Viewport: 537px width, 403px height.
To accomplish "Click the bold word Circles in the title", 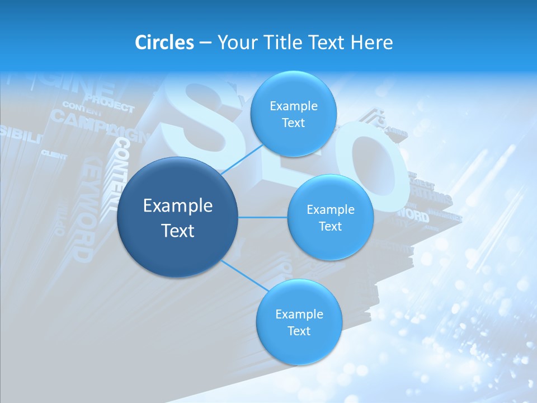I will pos(164,43).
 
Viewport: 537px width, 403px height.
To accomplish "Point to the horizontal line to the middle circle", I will pos(263,217).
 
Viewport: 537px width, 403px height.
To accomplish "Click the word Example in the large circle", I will pos(178,206).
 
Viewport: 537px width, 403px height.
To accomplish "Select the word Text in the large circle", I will pos(178,231).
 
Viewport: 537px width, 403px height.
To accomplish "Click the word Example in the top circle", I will pos(294,106).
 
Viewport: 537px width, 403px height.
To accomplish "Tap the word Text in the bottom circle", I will pos(299,331).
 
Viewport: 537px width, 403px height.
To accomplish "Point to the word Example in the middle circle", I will pos(331,210).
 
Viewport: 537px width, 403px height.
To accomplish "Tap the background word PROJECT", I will pos(110,104).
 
